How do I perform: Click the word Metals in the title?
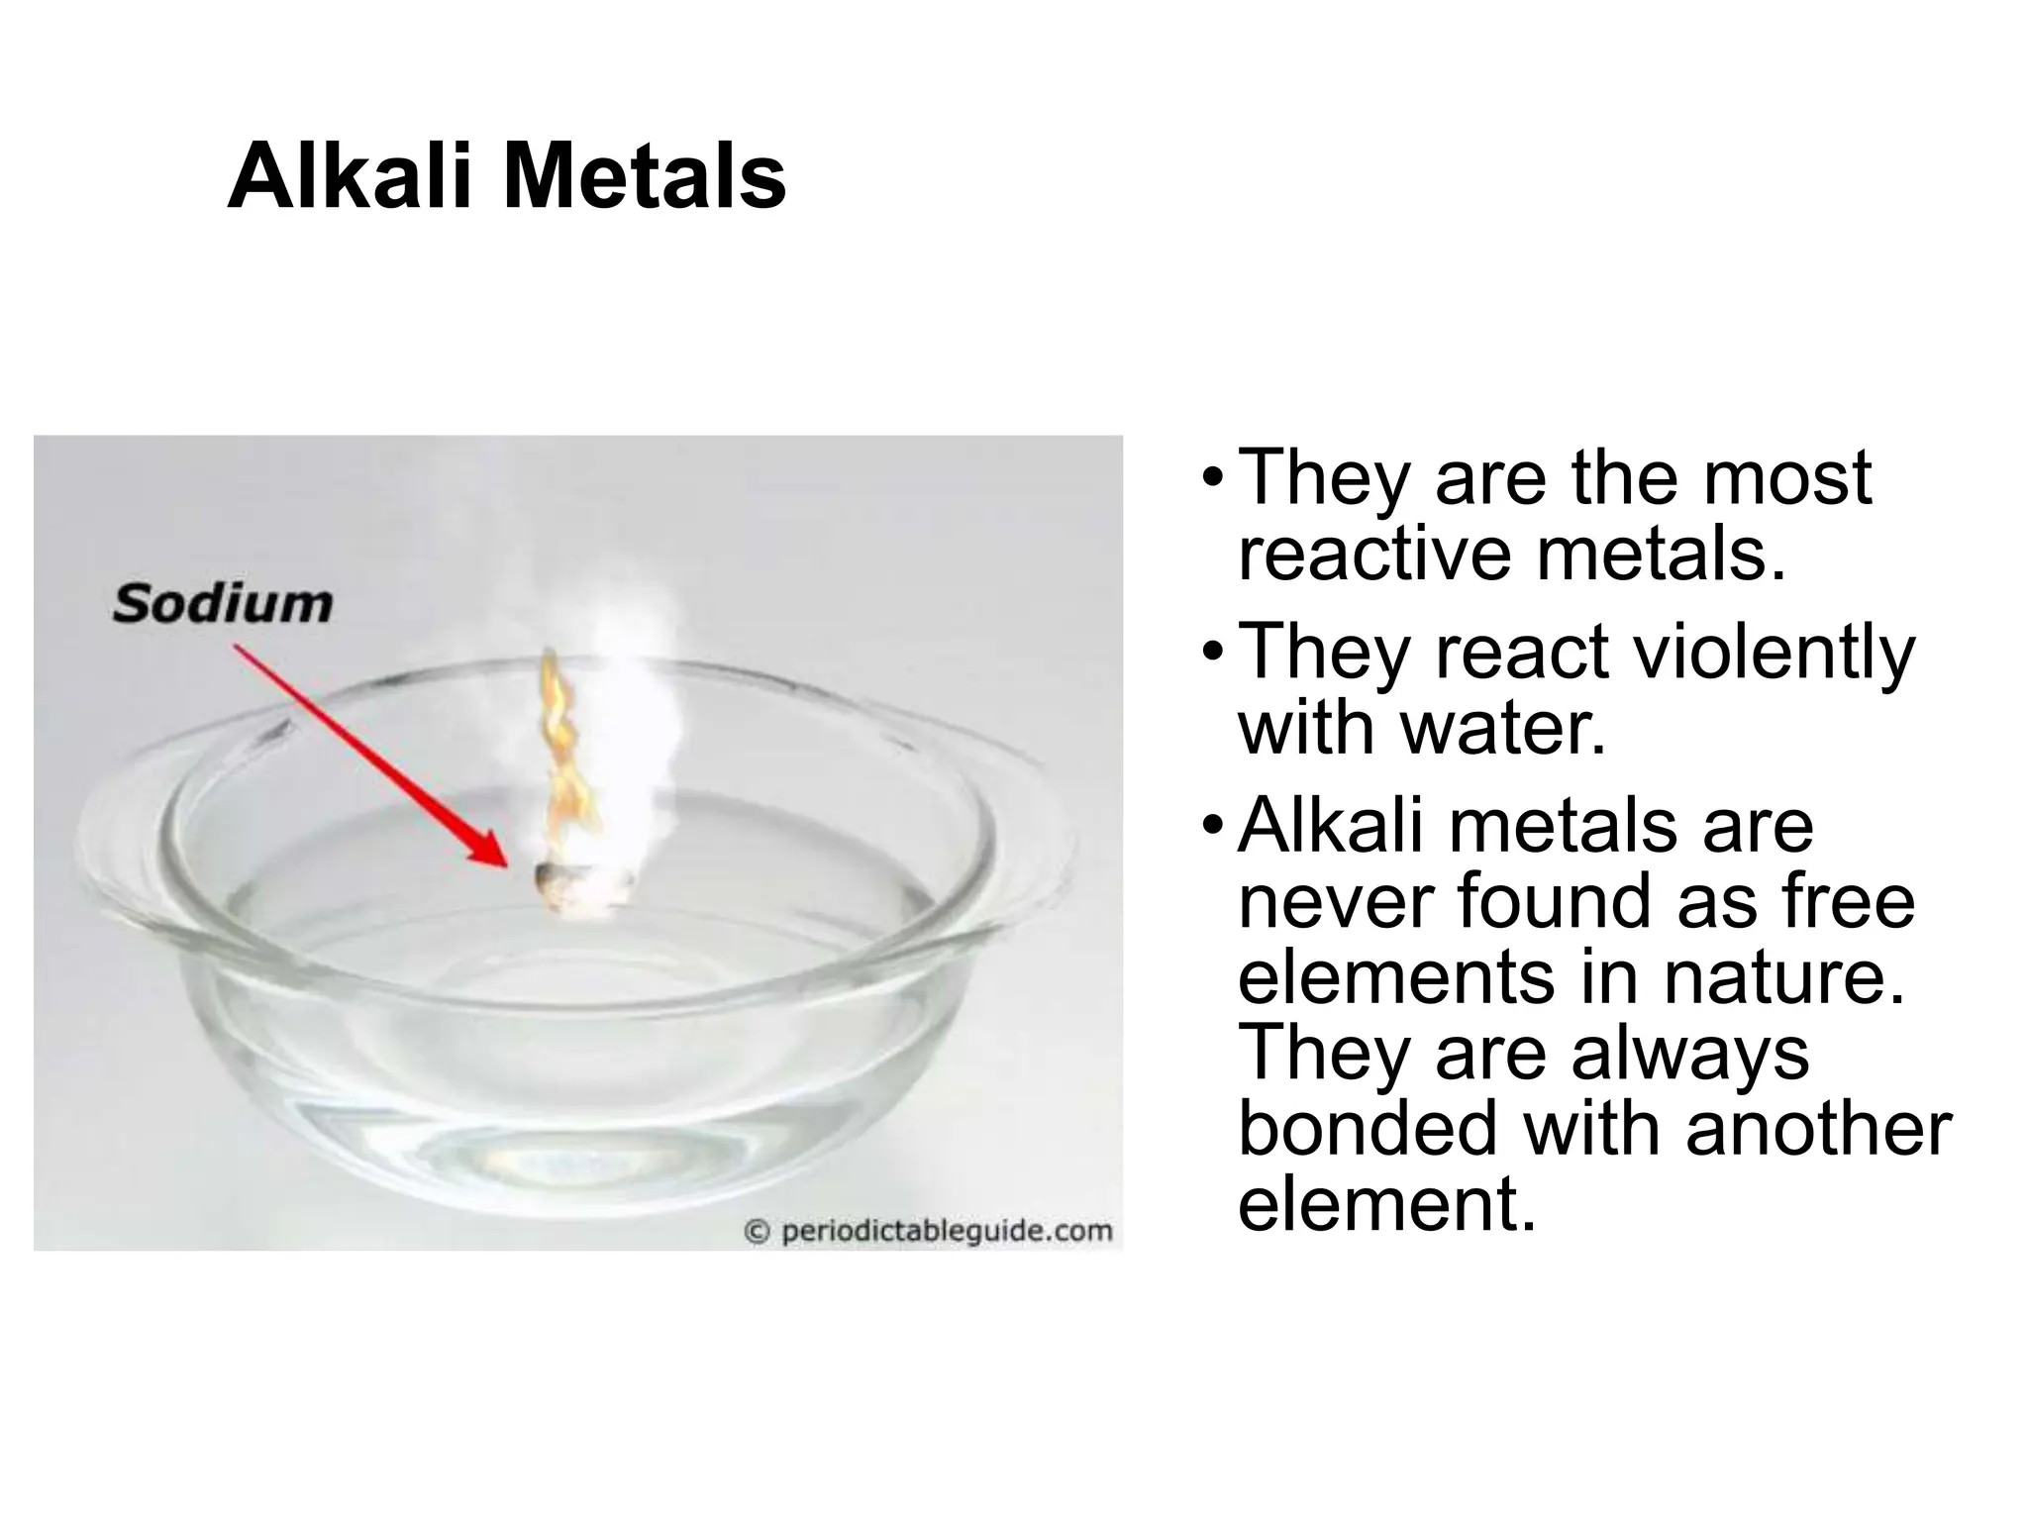(645, 178)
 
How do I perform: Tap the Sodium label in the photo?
(223, 603)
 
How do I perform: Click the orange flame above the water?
(560, 753)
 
